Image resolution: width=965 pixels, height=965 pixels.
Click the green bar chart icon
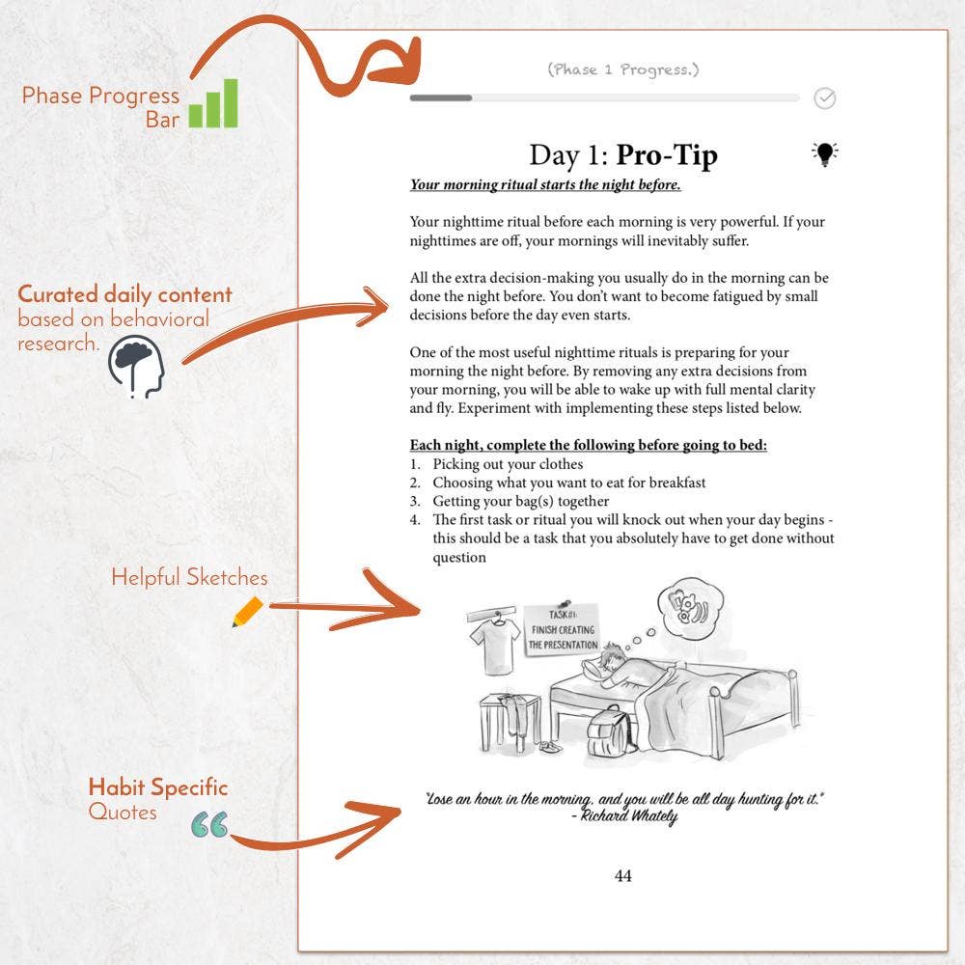(x=213, y=104)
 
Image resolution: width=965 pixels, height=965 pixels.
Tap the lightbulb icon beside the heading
(x=824, y=153)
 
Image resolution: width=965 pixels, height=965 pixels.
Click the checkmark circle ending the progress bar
(x=825, y=97)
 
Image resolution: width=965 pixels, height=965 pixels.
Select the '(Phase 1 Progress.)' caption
(x=622, y=69)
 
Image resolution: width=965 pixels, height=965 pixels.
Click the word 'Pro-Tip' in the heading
(x=667, y=155)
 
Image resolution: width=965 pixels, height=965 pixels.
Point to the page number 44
(x=622, y=876)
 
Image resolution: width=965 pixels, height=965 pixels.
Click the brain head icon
(x=136, y=365)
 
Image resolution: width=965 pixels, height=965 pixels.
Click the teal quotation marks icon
(x=209, y=824)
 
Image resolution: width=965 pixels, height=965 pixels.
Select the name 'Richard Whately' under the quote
(x=630, y=816)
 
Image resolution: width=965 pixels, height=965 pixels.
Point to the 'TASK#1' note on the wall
(x=562, y=630)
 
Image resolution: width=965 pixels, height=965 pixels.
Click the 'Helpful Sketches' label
(x=189, y=577)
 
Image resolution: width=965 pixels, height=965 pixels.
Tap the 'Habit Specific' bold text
(x=158, y=787)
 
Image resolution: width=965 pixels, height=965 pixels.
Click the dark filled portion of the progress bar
(x=441, y=97)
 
